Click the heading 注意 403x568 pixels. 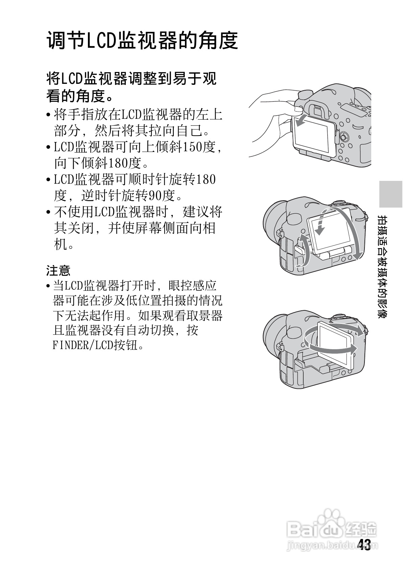pos(58,270)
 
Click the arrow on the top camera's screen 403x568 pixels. pos(301,122)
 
